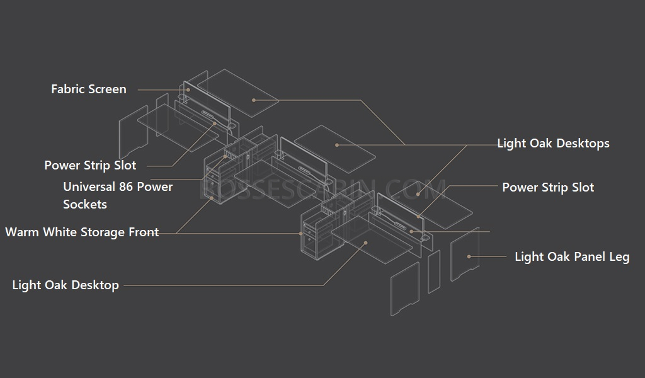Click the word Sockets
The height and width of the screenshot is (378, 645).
click(x=85, y=204)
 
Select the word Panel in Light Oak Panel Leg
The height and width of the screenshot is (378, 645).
click(x=590, y=257)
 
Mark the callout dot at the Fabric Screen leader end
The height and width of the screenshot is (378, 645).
click(x=188, y=90)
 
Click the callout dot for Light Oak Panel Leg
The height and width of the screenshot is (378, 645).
click(x=469, y=256)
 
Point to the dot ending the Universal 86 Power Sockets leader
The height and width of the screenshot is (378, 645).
click(x=225, y=157)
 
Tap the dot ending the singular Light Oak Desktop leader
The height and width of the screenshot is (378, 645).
click(x=365, y=243)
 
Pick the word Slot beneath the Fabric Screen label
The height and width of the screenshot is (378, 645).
click(x=125, y=165)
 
